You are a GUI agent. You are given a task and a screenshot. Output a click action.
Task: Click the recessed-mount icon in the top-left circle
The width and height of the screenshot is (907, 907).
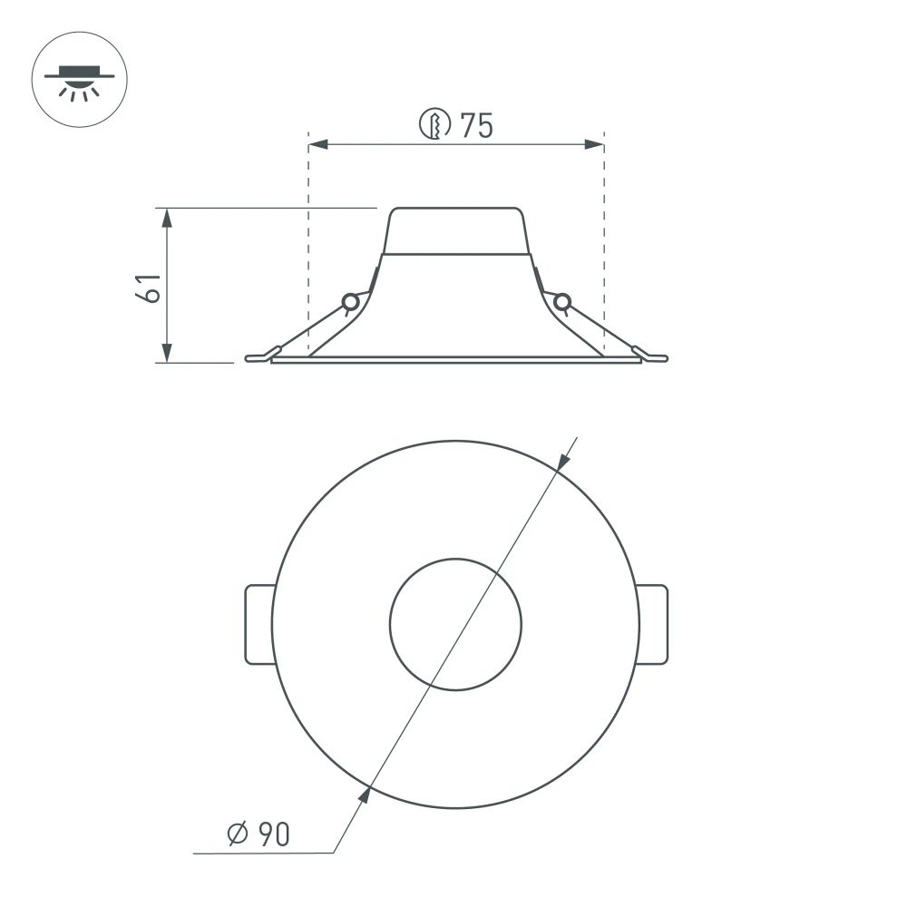tap(79, 80)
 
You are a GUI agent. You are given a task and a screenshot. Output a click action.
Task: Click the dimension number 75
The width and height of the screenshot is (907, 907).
tap(476, 126)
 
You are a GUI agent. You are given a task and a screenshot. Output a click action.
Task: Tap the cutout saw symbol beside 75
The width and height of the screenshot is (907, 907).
tap(435, 124)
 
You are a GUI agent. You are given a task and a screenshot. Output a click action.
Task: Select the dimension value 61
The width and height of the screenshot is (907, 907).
tap(149, 287)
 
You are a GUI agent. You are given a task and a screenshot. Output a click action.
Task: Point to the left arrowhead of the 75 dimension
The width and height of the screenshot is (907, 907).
tap(319, 144)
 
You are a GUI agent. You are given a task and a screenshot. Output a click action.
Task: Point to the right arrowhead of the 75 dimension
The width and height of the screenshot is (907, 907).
tap(594, 144)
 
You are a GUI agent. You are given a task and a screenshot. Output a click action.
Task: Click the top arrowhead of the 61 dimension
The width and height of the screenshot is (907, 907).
tap(166, 218)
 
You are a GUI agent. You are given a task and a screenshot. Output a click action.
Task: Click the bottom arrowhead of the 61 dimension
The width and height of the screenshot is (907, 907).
tap(166, 353)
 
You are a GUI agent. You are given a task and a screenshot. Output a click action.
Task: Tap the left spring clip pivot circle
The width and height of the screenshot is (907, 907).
tap(349, 302)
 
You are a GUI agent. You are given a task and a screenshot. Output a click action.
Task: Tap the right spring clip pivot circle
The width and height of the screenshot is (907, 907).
tap(562, 302)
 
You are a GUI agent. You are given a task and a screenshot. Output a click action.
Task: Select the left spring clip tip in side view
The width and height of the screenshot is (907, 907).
tap(258, 357)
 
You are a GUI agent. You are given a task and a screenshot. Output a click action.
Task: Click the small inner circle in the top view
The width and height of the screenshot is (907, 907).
tap(455, 624)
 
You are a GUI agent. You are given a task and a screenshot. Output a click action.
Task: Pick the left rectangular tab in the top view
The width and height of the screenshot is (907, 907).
tap(259, 625)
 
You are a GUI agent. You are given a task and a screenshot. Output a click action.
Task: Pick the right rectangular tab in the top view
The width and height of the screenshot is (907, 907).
tap(653, 625)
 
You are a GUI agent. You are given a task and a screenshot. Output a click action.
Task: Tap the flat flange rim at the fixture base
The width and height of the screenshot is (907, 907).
tap(455, 360)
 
